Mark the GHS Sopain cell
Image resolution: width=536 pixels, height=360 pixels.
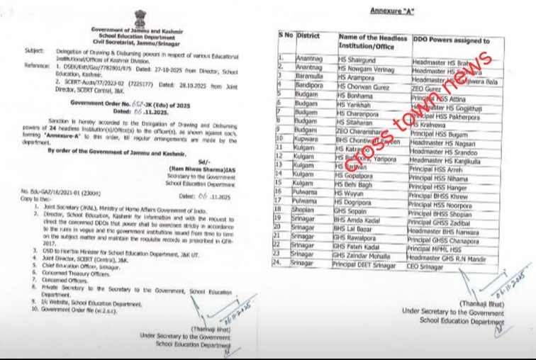click(352, 212)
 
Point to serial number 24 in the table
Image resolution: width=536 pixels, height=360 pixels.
click(282, 262)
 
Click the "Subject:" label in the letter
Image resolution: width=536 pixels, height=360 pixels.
click(34, 51)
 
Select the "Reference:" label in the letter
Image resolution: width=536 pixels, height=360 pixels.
click(38, 64)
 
